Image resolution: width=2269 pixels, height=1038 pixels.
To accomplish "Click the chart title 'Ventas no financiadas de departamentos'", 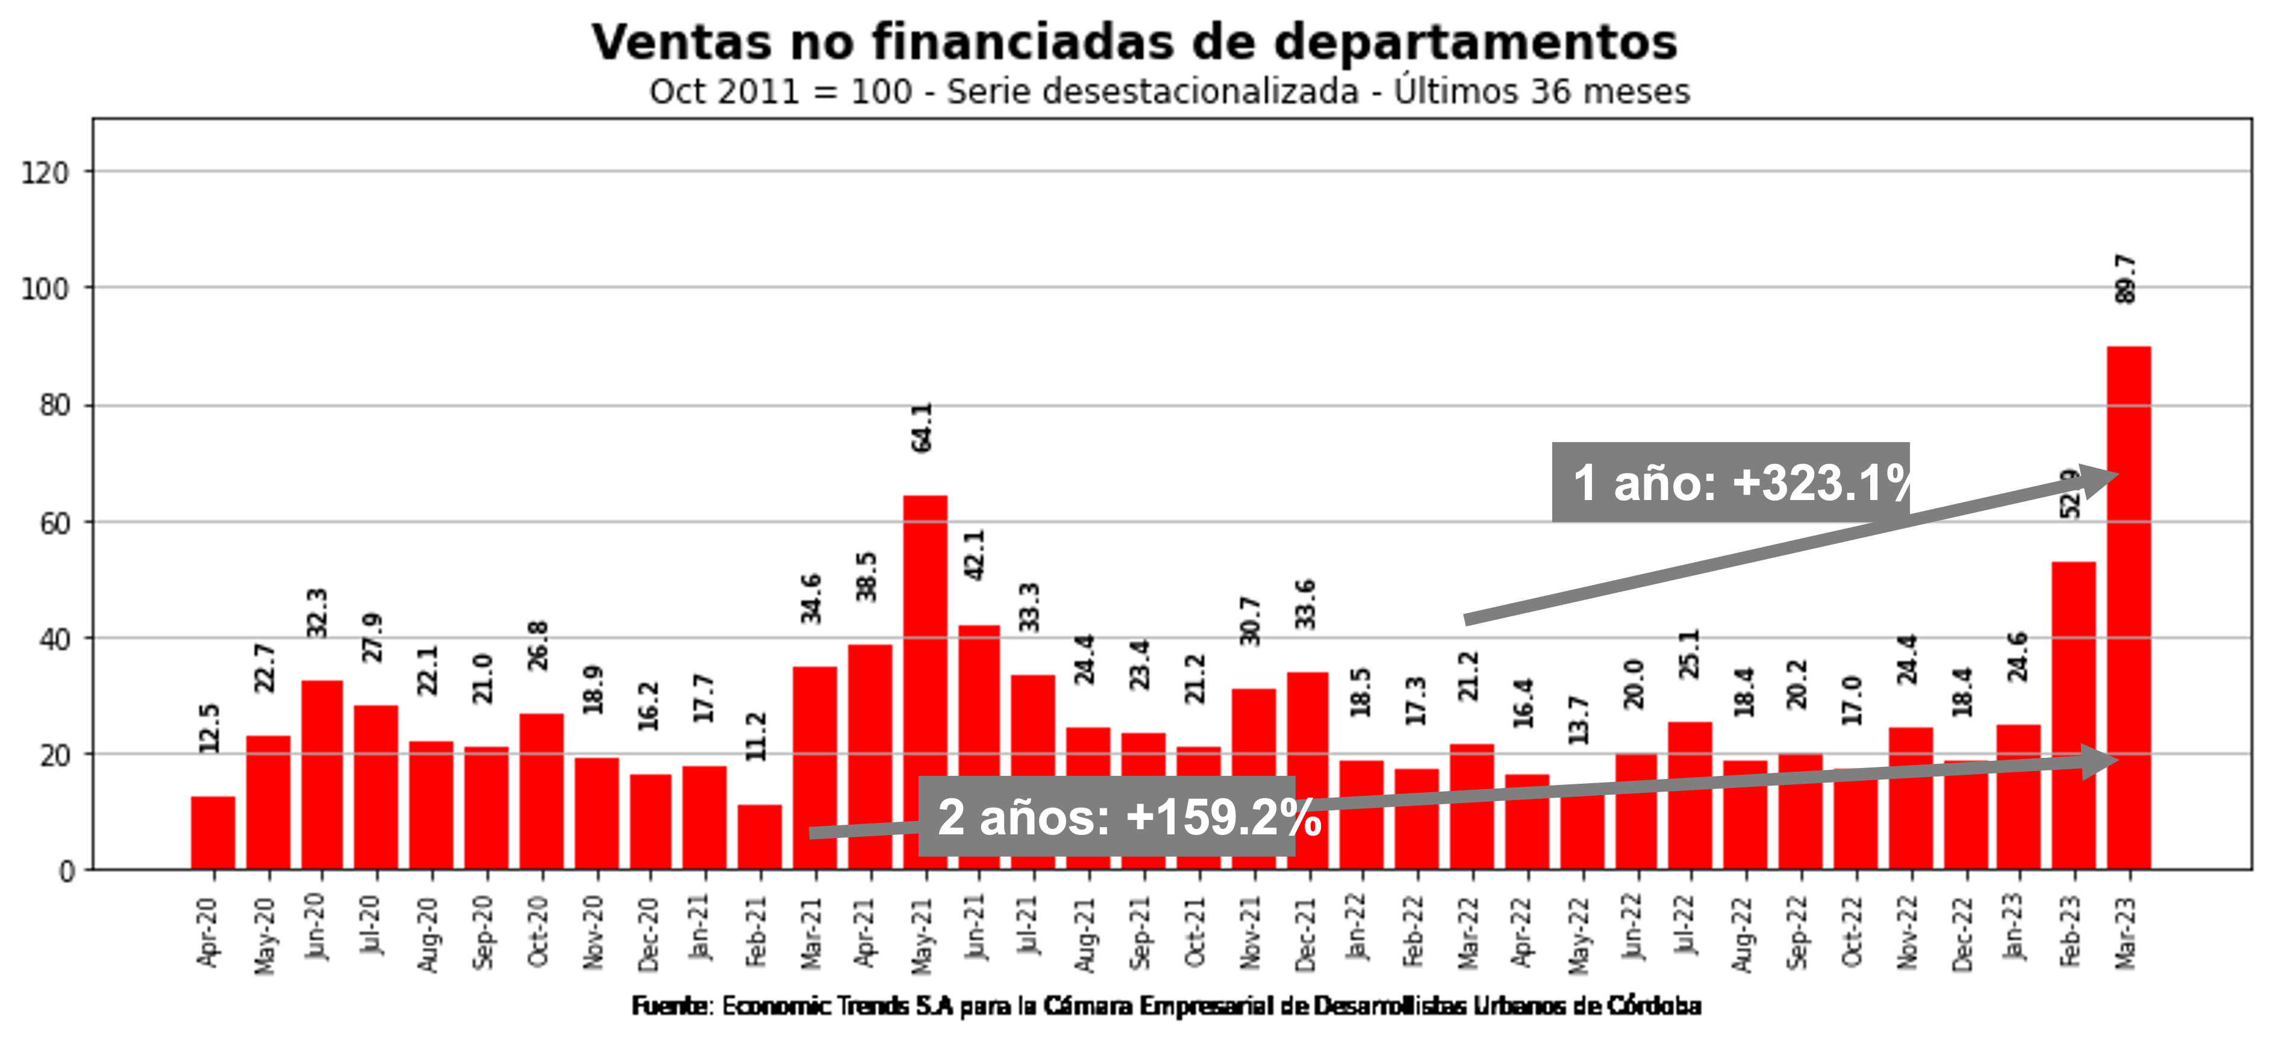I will click(x=1134, y=42).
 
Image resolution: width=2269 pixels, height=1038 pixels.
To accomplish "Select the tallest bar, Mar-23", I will click(x=2128, y=608).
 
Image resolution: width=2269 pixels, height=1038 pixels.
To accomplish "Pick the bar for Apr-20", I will click(x=213, y=833).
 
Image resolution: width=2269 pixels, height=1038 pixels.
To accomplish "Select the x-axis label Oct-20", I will click(x=539, y=932).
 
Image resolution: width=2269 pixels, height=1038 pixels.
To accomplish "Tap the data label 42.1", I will click(x=975, y=555).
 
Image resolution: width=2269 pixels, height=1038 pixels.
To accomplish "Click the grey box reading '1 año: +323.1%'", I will click(x=1730, y=482).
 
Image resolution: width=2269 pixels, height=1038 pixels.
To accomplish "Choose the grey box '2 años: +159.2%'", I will click(x=1106, y=816).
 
